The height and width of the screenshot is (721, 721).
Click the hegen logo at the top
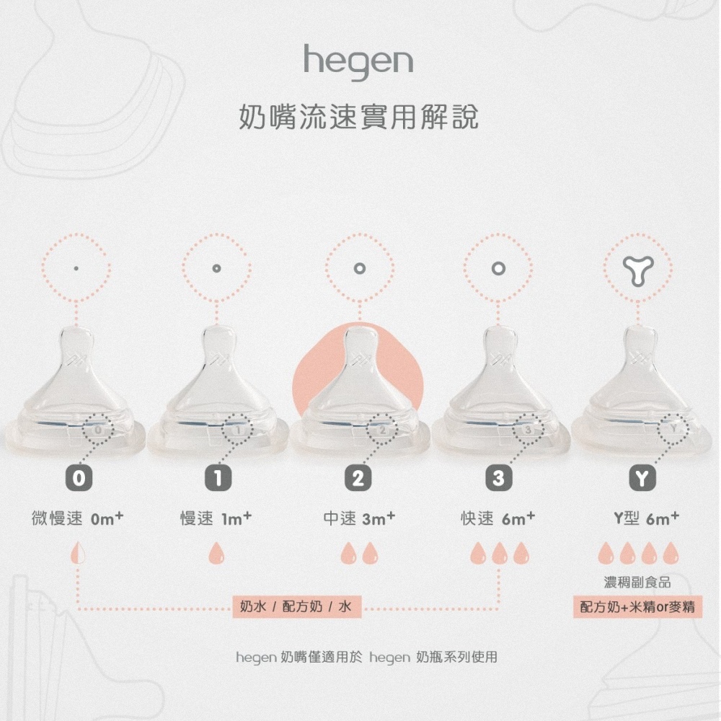(358, 63)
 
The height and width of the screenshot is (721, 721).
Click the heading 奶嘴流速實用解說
(359, 118)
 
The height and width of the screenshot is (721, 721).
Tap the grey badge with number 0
(79, 478)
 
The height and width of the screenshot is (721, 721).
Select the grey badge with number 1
(218, 478)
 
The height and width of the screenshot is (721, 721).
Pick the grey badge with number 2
(358, 478)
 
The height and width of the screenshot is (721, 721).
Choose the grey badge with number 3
(498, 478)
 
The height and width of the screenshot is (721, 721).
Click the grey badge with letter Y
(642, 478)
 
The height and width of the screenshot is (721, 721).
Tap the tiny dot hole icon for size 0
(76, 268)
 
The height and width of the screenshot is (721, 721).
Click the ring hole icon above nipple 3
(498, 268)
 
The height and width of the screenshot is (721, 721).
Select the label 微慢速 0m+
(77, 518)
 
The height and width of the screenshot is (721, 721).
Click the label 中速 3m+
(359, 518)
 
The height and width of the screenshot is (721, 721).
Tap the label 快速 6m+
(498, 518)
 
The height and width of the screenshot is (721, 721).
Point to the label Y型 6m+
(647, 518)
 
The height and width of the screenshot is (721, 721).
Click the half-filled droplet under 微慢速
(77, 553)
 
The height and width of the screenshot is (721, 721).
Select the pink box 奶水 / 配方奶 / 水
(296, 606)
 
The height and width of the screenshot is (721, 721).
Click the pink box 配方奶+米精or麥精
(638, 607)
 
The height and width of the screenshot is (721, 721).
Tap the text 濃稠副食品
(637, 583)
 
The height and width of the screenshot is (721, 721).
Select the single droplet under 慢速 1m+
(216, 553)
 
